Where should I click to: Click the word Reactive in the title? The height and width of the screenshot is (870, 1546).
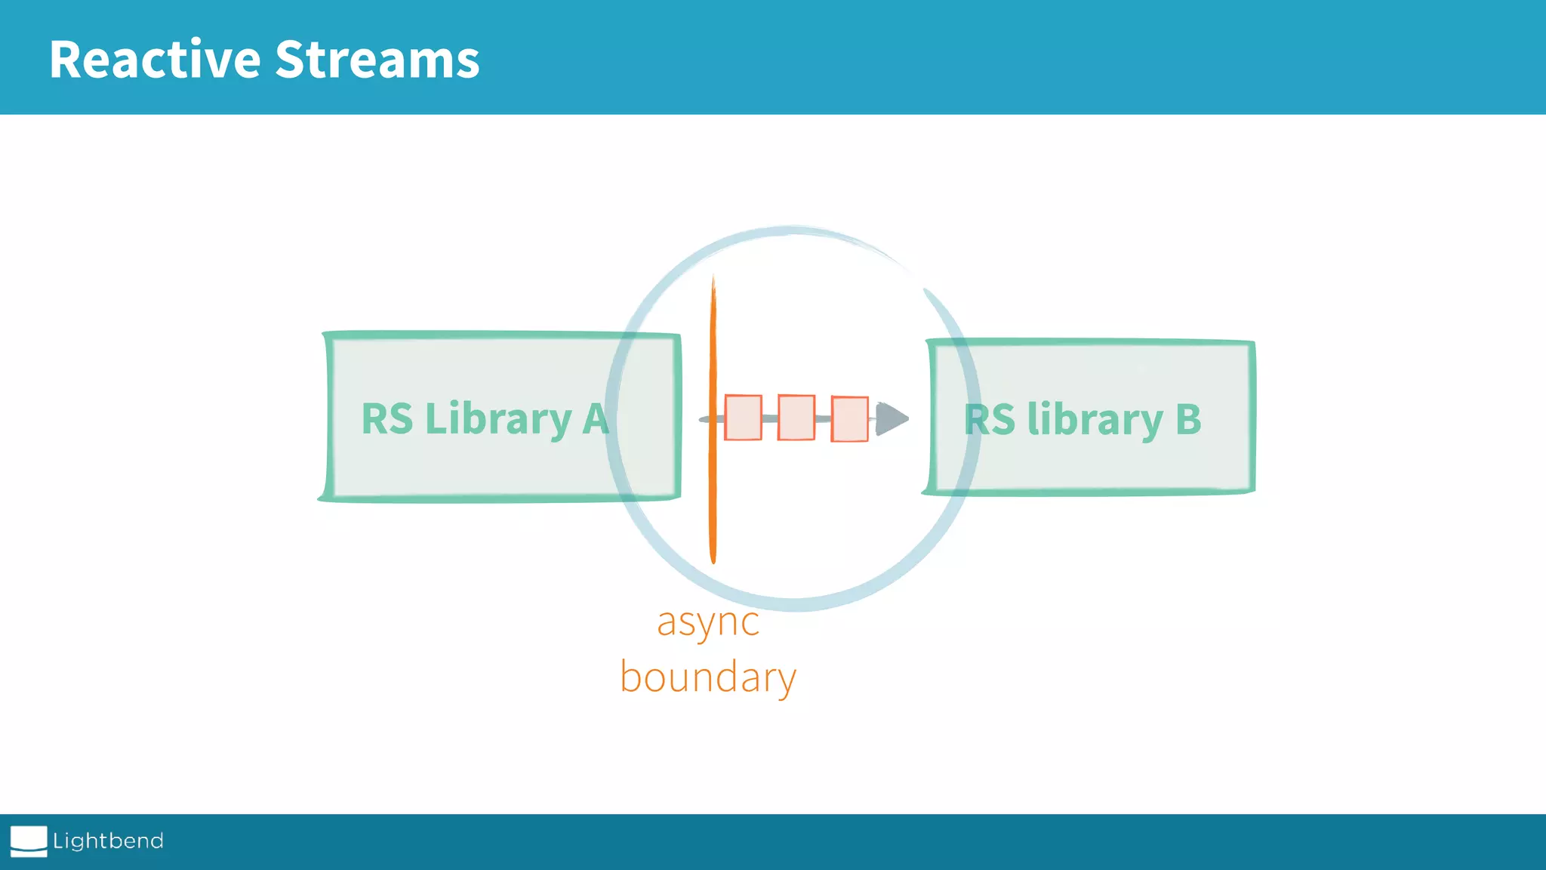155,60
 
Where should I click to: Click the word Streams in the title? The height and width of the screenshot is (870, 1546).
377,60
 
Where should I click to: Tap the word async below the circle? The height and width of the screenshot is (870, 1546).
708,624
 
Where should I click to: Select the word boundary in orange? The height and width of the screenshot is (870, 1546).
708,677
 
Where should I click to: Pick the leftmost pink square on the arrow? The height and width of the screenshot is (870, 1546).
743,417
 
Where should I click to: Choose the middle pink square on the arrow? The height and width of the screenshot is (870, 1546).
796,417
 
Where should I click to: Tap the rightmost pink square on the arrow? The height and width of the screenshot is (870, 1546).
849,418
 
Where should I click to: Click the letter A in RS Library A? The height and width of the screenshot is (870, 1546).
595,419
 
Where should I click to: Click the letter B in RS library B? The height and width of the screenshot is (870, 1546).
1188,419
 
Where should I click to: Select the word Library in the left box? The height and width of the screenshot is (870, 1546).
498,420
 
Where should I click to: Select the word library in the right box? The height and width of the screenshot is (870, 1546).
1095,420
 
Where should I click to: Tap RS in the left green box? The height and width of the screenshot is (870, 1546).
387,419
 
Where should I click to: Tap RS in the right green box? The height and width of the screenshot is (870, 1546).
990,419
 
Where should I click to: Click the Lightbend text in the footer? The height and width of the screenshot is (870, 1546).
108,841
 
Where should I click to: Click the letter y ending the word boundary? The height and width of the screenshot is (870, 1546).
786,680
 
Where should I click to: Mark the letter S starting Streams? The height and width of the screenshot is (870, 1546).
289,60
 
